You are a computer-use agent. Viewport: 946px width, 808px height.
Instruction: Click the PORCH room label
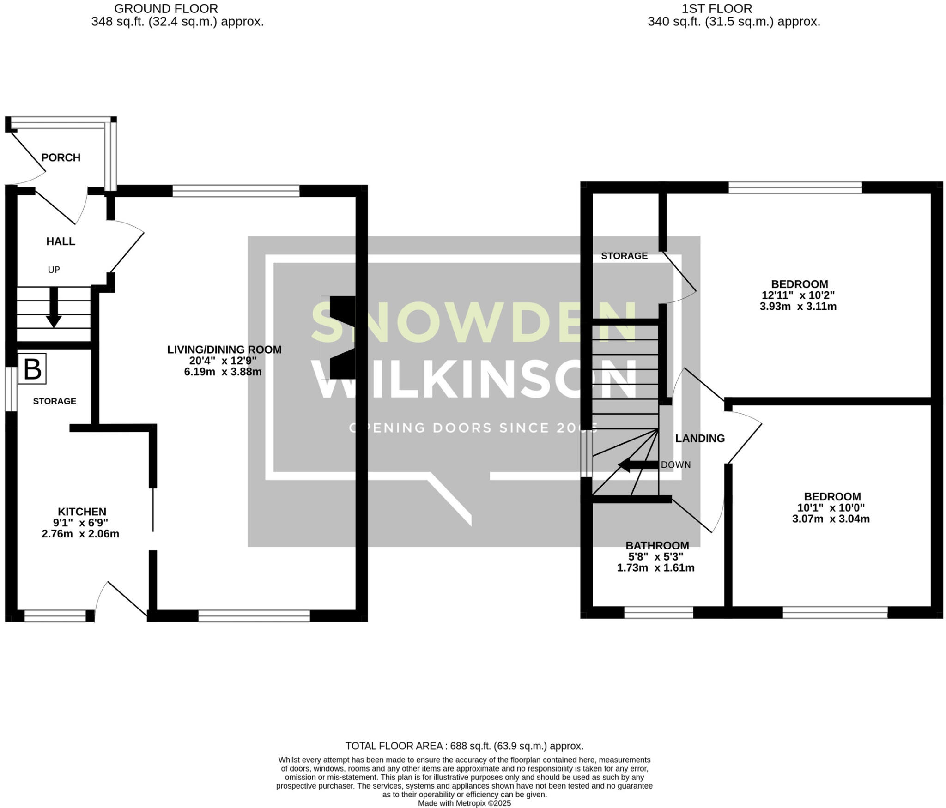pos(61,157)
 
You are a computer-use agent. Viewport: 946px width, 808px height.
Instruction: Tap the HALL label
pos(61,241)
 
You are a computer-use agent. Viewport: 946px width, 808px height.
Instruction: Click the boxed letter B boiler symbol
pos(32,368)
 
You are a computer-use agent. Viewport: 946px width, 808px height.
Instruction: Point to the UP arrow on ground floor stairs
pos(54,307)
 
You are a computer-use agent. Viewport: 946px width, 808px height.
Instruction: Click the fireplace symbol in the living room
pos(342,338)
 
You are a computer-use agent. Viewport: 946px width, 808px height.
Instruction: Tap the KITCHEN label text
pos(82,512)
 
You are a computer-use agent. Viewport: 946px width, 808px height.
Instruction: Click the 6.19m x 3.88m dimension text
pos(223,372)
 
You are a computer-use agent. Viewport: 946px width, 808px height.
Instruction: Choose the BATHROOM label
pos(657,545)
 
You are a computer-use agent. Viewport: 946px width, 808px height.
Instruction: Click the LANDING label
pos(700,438)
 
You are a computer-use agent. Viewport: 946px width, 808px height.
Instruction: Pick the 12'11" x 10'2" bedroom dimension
pos(798,295)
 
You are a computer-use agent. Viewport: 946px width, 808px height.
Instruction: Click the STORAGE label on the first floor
pos(624,256)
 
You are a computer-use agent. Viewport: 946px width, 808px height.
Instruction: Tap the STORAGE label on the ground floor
pos(55,401)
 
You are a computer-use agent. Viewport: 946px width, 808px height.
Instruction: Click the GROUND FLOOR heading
pos(166,8)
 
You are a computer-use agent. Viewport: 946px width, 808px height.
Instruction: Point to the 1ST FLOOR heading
pos(716,8)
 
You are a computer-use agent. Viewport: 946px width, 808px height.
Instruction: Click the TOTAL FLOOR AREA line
pos(464,746)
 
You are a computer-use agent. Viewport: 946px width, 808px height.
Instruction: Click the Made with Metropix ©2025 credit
pos(464,803)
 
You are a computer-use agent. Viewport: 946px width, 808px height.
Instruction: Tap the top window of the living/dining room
pos(236,191)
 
